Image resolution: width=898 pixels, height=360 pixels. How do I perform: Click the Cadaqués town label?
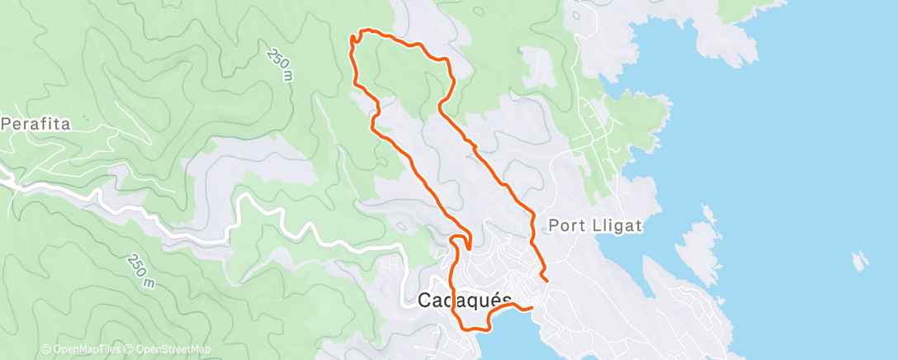tap(465, 301)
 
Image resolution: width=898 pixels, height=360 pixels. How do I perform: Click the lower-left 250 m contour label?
tap(142, 270)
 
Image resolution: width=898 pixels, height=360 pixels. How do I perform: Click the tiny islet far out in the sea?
tap(861, 260)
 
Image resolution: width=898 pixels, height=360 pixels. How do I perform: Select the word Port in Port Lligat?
tap(566, 225)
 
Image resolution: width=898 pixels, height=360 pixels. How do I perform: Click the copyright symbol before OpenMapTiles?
tap(45, 349)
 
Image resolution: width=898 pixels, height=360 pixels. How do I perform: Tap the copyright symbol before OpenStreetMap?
tap(130, 349)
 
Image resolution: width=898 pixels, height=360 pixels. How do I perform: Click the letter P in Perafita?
tap(7, 125)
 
